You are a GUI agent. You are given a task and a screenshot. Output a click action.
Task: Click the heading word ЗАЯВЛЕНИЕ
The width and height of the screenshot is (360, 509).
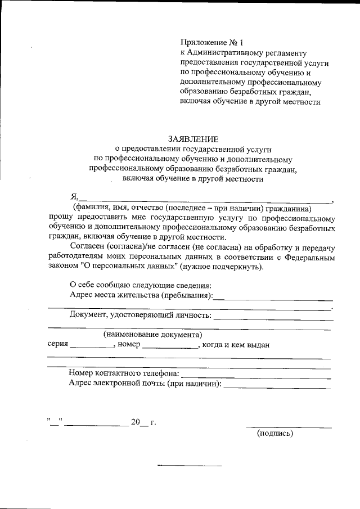point(193,138)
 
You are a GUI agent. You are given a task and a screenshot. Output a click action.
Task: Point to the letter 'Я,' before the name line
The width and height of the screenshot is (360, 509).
point(73,196)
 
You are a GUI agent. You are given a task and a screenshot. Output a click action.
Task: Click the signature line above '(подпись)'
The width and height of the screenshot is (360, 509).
point(289,427)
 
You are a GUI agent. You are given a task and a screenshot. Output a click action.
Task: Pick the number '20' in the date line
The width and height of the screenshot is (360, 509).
point(135,422)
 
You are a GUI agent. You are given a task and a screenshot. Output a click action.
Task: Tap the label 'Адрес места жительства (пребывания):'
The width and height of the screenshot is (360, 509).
point(141,295)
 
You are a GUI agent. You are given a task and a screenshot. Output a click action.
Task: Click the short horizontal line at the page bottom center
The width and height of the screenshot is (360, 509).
point(190,466)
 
